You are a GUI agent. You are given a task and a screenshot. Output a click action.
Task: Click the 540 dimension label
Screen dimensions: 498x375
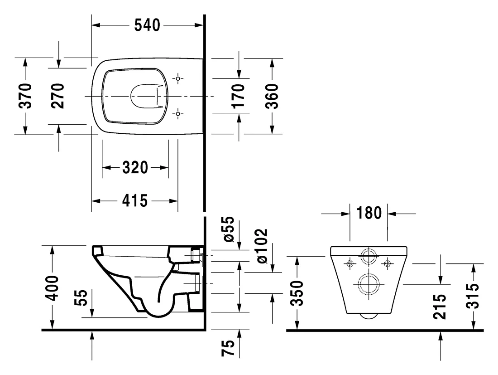(x=147, y=25)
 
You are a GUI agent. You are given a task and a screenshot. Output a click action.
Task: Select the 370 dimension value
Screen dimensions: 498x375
(x=25, y=96)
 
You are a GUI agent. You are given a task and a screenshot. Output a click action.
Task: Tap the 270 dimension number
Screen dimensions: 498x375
(x=58, y=96)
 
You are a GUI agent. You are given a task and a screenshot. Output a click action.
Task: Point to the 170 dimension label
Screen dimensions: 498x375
(x=238, y=96)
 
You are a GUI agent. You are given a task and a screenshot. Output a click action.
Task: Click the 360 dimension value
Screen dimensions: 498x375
(x=272, y=96)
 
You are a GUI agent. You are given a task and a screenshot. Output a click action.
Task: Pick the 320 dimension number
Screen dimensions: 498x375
(x=135, y=168)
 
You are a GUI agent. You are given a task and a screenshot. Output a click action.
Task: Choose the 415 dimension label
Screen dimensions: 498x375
(x=135, y=201)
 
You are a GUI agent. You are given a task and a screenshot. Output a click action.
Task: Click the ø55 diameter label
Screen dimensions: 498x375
(x=228, y=229)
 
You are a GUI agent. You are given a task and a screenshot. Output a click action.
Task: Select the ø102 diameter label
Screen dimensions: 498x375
(x=262, y=246)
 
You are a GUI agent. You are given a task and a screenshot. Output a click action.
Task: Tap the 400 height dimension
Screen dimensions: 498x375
(x=52, y=288)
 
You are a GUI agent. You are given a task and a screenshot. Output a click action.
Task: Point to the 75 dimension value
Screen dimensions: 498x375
(x=228, y=348)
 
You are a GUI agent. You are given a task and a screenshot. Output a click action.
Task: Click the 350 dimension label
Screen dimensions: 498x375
(x=297, y=293)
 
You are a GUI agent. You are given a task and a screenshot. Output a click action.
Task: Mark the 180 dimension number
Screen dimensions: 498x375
(x=369, y=213)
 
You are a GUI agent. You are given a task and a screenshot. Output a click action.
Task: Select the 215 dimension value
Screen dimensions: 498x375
(x=440, y=307)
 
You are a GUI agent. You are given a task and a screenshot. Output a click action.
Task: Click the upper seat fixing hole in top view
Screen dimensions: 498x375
(x=178, y=78)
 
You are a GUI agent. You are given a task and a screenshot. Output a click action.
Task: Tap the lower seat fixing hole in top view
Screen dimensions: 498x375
(x=178, y=113)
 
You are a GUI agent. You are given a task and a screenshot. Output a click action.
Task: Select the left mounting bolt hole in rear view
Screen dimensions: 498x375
(x=350, y=263)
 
